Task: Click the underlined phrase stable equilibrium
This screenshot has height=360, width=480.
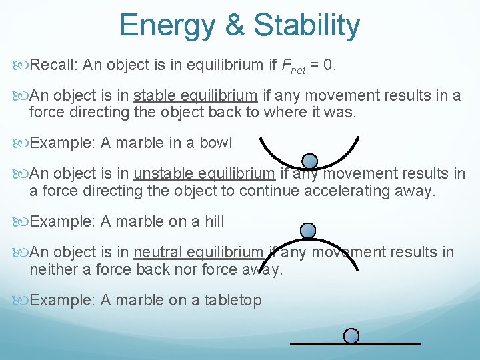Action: point(195,95)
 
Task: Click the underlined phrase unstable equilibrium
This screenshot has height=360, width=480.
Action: point(204,173)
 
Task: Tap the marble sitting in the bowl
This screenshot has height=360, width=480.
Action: point(309,161)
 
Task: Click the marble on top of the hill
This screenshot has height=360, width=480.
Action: point(308,231)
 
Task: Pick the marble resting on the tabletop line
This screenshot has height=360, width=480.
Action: point(351,335)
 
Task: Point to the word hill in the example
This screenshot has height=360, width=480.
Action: point(212,221)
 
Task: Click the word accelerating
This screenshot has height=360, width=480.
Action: point(350,191)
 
